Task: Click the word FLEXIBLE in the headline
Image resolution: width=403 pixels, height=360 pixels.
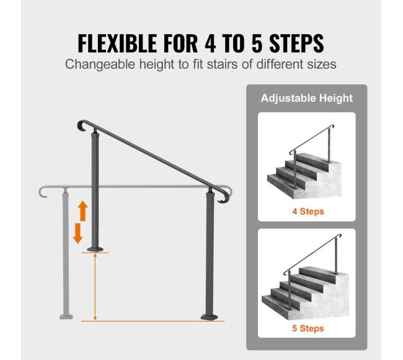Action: [x=117, y=43]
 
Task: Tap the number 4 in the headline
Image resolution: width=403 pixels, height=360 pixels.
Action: [x=210, y=43]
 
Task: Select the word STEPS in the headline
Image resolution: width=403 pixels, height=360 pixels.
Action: [x=296, y=43]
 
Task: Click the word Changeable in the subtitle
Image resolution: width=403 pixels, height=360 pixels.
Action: [x=100, y=64]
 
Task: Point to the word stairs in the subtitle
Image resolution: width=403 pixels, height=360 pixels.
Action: [x=222, y=64]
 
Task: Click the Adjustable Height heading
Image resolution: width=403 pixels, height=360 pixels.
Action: [x=307, y=99]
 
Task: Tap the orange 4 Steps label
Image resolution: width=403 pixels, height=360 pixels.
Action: [x=308, y=211]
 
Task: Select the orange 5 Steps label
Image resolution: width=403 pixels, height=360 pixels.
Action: [x=308, y=328]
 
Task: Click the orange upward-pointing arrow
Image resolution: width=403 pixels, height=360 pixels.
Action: [x=82, y=211]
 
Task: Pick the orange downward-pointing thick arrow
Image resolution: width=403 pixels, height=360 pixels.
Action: [x=77, y=233]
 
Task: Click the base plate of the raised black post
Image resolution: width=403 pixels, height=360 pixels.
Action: [x=95, y=249]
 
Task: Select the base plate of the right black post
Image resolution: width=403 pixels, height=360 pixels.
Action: [x=209, y=317]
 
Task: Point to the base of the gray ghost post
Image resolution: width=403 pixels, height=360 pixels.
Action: [x=66, y=317]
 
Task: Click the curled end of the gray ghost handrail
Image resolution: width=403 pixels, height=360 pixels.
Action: [x=42, y=192]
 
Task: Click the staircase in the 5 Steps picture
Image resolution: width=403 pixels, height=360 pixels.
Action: [x=305, y=292]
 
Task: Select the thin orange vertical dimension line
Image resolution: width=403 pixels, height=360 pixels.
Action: [x=95, y=287]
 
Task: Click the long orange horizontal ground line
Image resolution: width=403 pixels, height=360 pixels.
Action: [x=153, y=321]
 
